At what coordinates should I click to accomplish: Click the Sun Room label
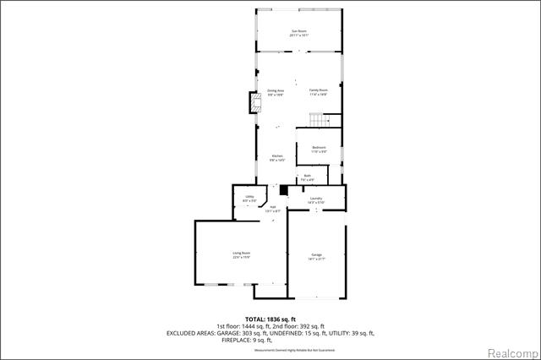[299, 32]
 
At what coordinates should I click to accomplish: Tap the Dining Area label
[275, 92]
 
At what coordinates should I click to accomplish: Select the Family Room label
[318, 92]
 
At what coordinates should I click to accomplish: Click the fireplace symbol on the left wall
[252, 104]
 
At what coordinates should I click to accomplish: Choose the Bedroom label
[319, 149]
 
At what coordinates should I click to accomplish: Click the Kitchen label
[276, 157]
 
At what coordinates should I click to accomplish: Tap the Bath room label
[308, 177]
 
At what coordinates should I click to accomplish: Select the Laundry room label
[315, 199]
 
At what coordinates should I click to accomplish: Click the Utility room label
[250, 199]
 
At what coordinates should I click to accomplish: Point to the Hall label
[272, 208]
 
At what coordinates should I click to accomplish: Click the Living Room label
[242, 254]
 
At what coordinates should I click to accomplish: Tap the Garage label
[316, 256]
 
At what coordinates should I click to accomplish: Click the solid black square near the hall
[284, 191]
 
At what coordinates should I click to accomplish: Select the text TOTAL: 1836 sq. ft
[270, 319]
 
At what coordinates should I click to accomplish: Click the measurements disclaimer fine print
[270, 348]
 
